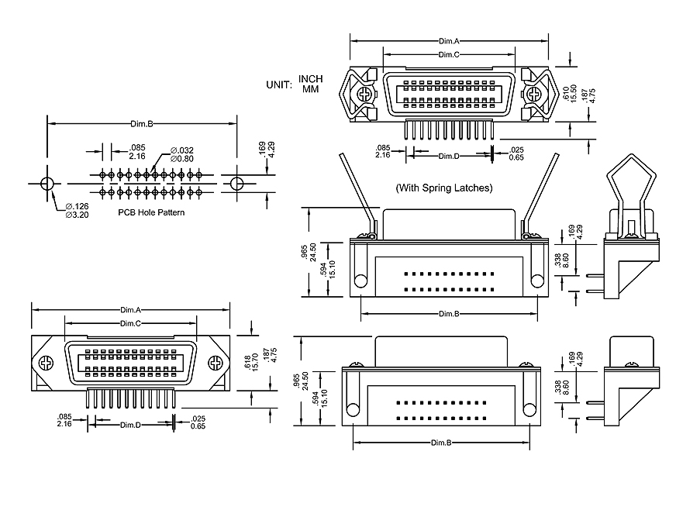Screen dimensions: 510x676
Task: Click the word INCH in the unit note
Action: tap(311, 79)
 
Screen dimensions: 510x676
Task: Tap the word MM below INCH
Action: tap(311, 89)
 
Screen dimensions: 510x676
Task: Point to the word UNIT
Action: tap(278, 84)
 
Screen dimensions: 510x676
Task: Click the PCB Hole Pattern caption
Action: tap(151, 212)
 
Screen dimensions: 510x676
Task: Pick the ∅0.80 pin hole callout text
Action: tap(182, 159)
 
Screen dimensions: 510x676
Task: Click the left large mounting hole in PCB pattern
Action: tap(47, 184)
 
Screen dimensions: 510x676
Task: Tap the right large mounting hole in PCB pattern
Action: tap(236, 184)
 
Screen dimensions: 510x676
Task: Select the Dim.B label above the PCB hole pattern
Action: tap(140, 124)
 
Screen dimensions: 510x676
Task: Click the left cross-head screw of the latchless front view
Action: tap(47, 363)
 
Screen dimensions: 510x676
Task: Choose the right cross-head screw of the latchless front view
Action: tap(215, 363)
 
